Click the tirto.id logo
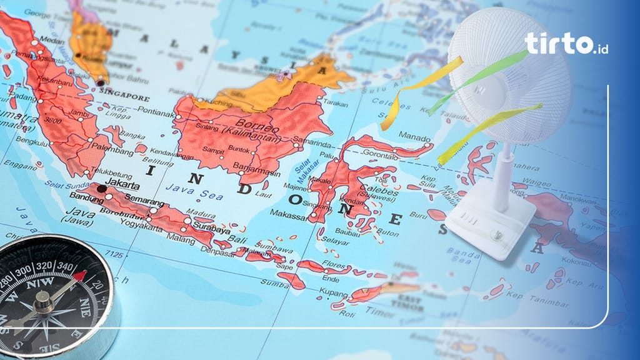(566, 43)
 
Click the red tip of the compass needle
(79, 275)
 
